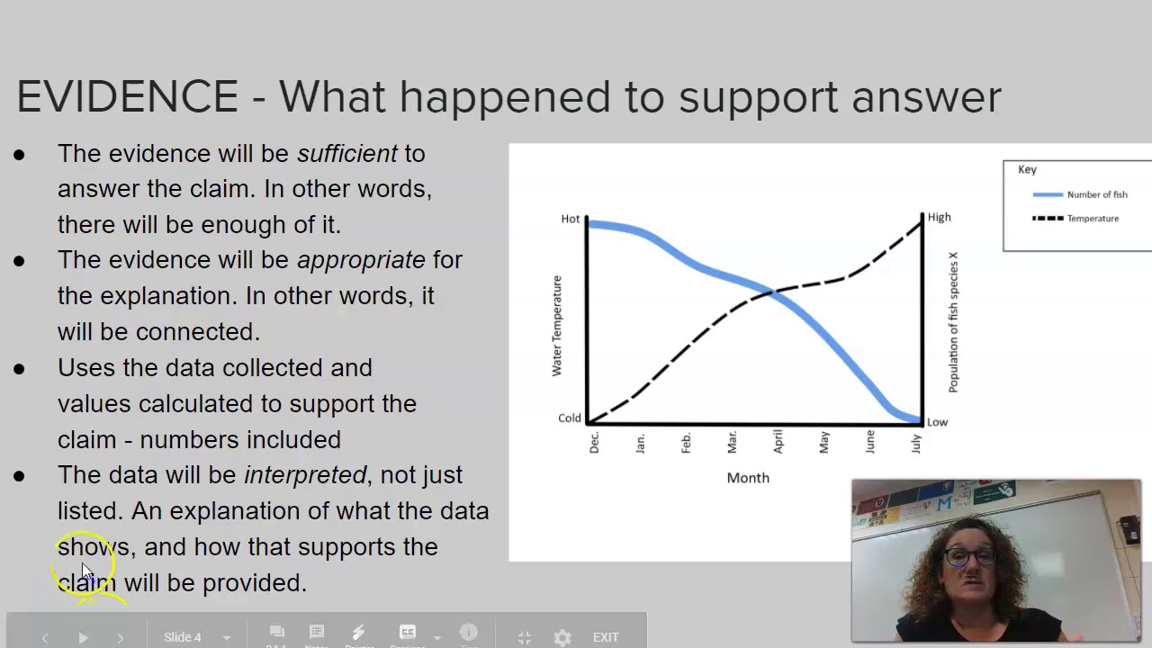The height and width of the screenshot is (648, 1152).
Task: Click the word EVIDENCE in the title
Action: pyautogui.click(x=127, y=96)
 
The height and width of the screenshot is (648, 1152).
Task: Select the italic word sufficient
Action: pyautogui.click(x=347, y=154)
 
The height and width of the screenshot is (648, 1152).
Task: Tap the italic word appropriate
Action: pyautogui.click(x=361, y=260)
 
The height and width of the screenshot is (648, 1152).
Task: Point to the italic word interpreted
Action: pyautogui.click(x=305, y=475)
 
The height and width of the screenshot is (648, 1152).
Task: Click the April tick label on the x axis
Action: pyautogui.click(x=778, y=441)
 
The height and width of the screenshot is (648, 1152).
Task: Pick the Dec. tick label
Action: pyautogui.click(x=594, y=443)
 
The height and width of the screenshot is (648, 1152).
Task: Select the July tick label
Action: pyautogui.click(x=916, y=443)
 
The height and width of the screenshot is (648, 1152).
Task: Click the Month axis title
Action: pyautogui.click(x=748, y=478)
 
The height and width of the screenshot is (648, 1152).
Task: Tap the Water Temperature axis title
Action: pyautogui.click(x=556, y=326)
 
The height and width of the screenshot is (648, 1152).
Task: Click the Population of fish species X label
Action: pyautogui.click(x=953, y=322)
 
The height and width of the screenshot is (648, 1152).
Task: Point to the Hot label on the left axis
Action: pyautogui.click(x=571, y=219)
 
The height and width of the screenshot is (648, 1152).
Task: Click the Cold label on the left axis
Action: pyautogui.click(x=570, y=418)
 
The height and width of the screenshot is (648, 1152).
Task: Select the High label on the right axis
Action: pyautogui.click(x=939, y=217)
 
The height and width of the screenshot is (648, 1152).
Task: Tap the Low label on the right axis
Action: pyautogui.click(x=937, y=422)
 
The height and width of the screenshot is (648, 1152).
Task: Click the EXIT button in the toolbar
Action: pyautogui.click(x=606, y=637)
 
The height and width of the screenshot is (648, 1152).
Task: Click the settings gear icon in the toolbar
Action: pyautogui.click(x=562, y=637)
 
